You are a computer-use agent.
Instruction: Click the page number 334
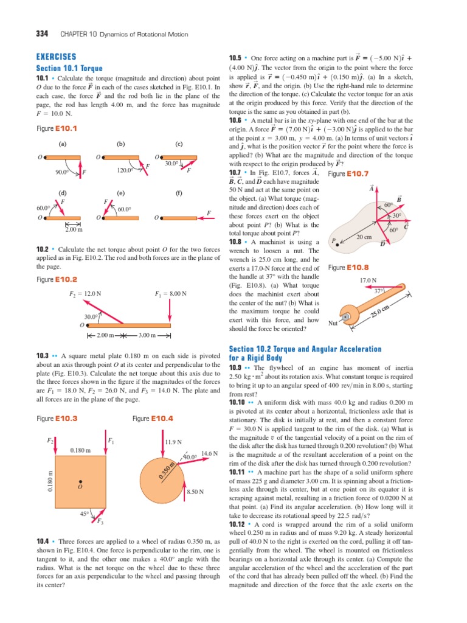pyautogui.click(x=44, y=34)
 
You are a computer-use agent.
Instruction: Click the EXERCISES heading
pyautogui.click(x=56, y=56)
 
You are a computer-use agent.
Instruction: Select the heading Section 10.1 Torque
pyautogui.click(x=69, y=69)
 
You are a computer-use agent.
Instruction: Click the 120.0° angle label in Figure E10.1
pyautogui.click(x=125, y=171)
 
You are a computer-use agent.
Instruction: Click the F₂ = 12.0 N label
pyautogui.click(x=86, y=294)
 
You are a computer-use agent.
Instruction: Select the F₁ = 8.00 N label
pyautogui.click(x=170, y=294)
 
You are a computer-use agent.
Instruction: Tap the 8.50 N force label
pyautogui.click(x=195, y=491)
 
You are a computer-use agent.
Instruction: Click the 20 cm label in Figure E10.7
pyautogui.click(x=364, y=236)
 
